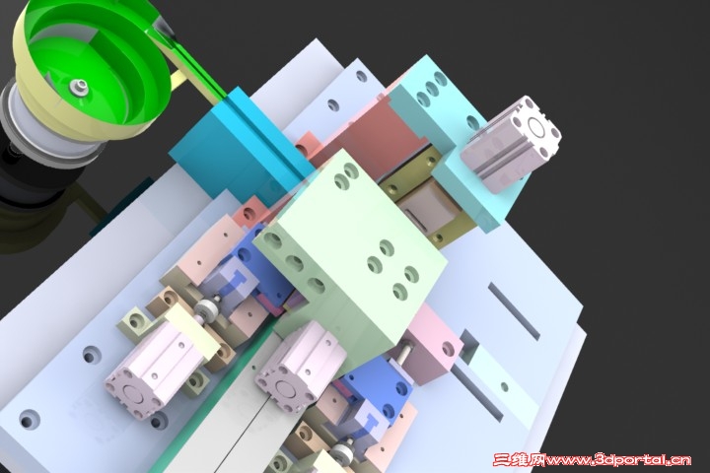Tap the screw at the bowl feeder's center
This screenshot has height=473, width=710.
click(78, 87)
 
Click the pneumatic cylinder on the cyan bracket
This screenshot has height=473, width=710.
click(511, 144)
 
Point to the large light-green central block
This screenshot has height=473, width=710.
click(349, 253)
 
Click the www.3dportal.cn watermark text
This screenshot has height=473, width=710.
click(618, 460)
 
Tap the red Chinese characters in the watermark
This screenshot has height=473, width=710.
click(520, 460)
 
